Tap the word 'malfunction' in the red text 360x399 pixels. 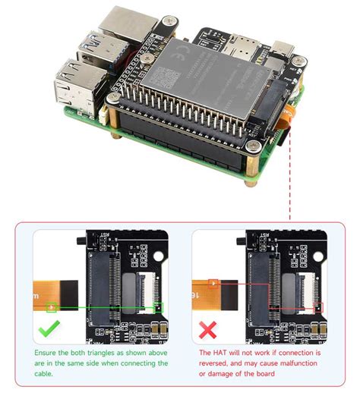coord(300,363)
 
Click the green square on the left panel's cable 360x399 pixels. coord(52,307)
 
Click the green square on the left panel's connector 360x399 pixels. coord(157,307)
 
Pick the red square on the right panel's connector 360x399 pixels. coord(317,307)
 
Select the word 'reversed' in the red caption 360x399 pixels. coord(214,363)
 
